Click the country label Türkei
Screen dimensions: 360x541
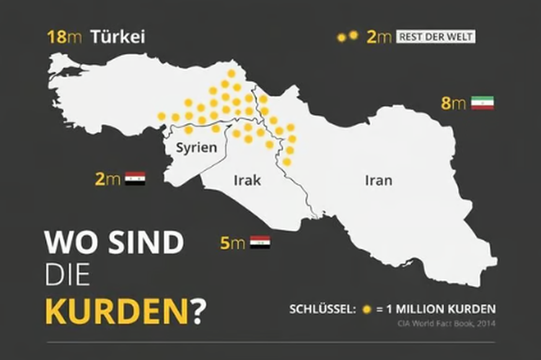pos(117,37)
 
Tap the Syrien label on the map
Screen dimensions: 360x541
pos(196,147)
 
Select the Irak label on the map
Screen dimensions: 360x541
pos(247,181)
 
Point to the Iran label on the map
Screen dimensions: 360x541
pos(378,181)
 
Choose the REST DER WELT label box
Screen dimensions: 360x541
pos(436,37)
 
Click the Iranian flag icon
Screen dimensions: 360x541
pos(482,103)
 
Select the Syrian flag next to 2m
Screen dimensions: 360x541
pos(134,179)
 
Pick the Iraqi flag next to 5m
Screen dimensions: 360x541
pos(260,242)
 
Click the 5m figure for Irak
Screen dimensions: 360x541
pos(232,243)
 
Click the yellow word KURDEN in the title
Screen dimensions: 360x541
pos(116,312)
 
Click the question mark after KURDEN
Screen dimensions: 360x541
pos(198,312)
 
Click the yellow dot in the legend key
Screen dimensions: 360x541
pos(367,309)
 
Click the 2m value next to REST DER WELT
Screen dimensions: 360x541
pos(379,37)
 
